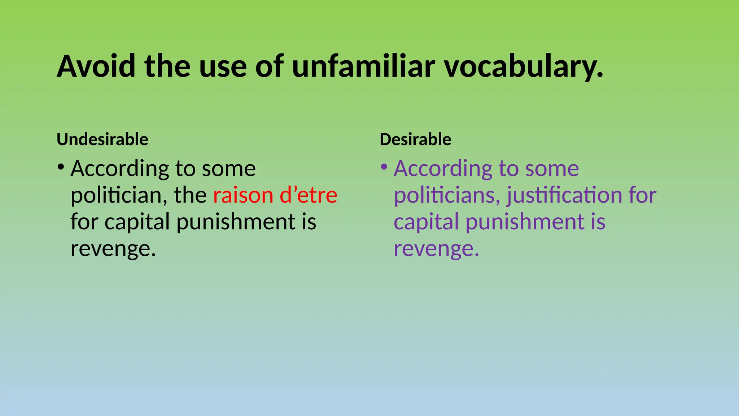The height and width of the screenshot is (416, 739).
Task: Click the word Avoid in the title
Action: click(x=96, y=66)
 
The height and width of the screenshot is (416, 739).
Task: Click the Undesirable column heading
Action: click(x=102, y=139)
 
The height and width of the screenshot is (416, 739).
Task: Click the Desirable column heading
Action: click(x=415, y=139)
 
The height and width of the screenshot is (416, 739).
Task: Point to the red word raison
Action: click(x=243, y=195)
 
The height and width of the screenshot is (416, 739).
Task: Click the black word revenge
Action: click(x=113, y=249)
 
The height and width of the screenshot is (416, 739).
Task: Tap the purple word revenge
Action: click(x=436, y=249)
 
